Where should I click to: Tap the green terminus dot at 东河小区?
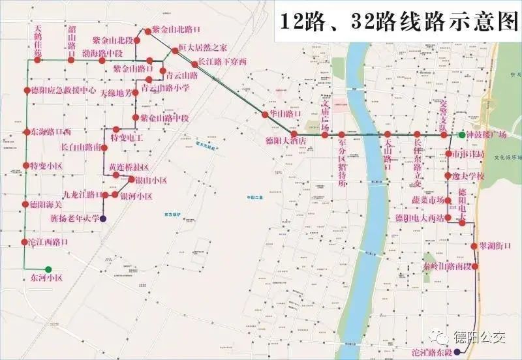(x=48, y=269)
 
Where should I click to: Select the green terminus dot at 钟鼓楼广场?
(x=462, y=135)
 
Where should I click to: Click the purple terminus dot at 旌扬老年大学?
(x=103, y=218)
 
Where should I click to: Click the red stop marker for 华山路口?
(x=266, y=114)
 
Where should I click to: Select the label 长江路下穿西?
(x=223, y=63)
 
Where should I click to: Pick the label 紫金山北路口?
(x=176, y=30)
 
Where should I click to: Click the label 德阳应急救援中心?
(x=63, y=91)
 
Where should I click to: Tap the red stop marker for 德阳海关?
(x=26, y=204)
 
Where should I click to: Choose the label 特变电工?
(x=127, y=138)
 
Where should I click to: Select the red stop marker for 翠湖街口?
(x=474, y=246)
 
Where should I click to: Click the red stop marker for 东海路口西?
(x=27, y=132)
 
